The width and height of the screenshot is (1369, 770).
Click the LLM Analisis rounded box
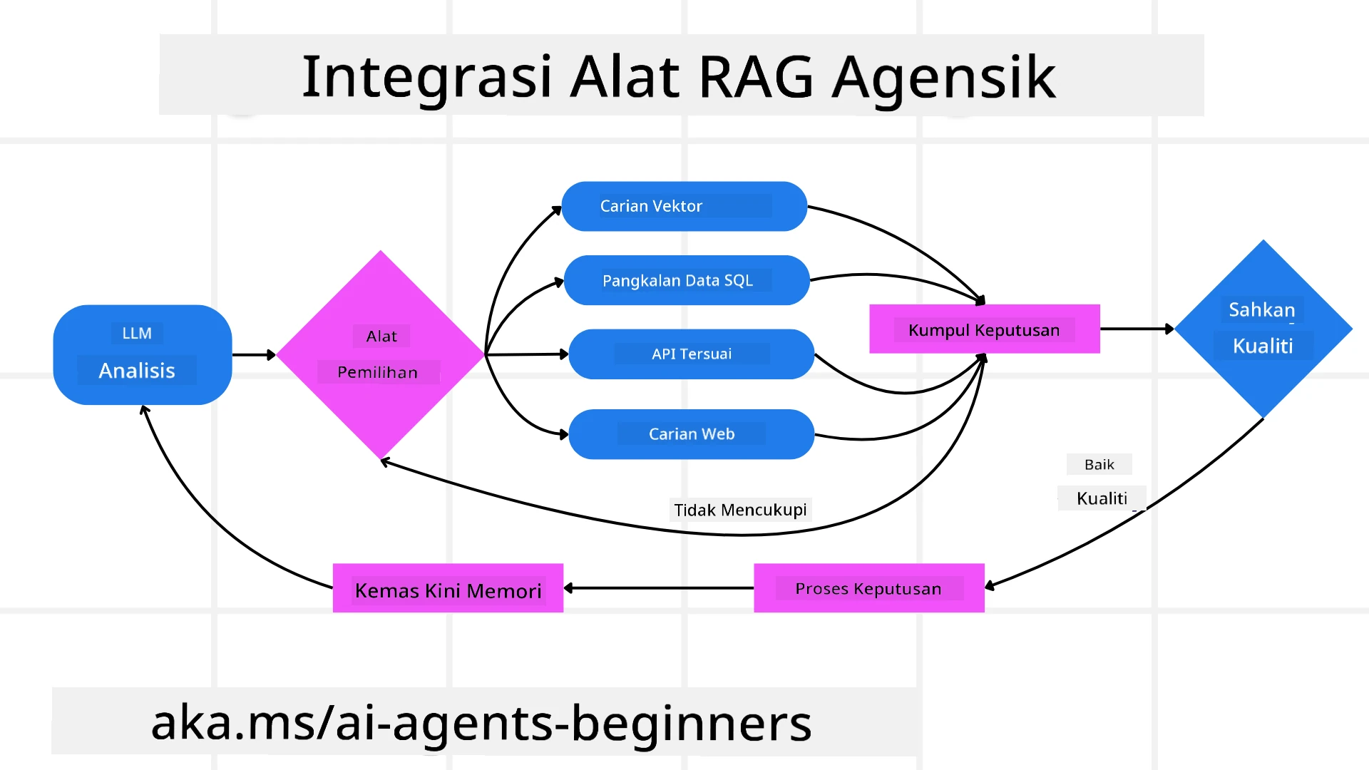click(143, 354)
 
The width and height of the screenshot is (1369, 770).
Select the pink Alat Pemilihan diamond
click(380, 354)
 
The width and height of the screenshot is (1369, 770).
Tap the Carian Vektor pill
click(684, 206)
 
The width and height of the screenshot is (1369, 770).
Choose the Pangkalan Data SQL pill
click(686, 280)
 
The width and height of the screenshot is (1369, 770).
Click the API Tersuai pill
click(691, 354)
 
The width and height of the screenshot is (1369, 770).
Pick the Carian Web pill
click(691, 433)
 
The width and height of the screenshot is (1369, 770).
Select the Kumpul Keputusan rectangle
click(984, 329)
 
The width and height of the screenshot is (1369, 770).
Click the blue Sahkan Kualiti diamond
click(1263, 329)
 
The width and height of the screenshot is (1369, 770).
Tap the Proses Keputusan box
click(868, 588)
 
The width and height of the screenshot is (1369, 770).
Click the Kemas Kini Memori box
click(448, 589)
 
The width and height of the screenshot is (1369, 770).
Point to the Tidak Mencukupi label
click(740, 510)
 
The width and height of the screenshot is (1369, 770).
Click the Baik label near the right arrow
click(1099, 464)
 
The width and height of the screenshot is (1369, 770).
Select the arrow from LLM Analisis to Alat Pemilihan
click(253, 354)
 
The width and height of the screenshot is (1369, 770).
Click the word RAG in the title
click(756, 76)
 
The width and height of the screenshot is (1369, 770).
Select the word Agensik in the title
click(943, 77)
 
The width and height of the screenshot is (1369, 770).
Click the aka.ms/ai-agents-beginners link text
click(481, 722)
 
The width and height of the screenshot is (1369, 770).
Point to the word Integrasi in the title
click(426, 76)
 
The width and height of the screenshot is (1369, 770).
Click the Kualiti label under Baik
click(1102, 498)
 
